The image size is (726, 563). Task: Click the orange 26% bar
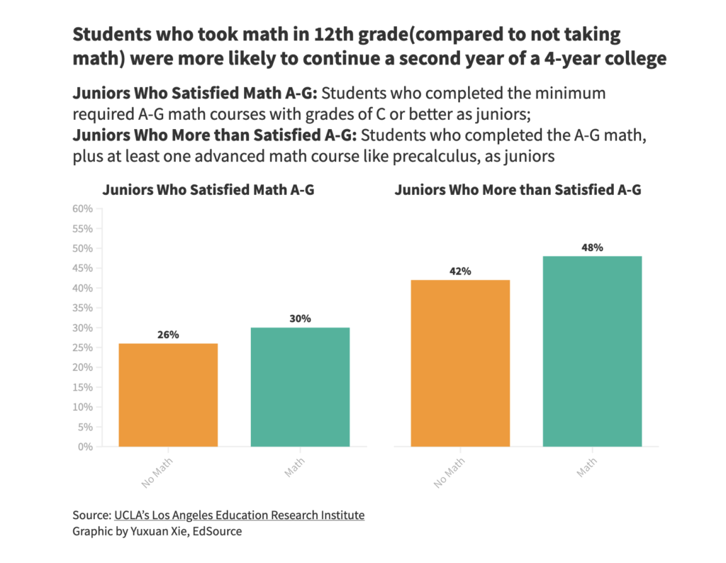coord(168,395)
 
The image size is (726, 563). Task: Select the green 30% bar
coord(300,387)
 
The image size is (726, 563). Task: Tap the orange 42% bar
coord(460,363)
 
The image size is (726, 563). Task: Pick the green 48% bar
coord(592,351)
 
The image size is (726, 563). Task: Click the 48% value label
coord(592,247)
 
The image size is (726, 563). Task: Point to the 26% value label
coord(168,335)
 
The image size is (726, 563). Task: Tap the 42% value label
coord(460,271)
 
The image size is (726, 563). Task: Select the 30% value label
coord(300,318)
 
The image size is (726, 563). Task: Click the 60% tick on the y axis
coord(83,209)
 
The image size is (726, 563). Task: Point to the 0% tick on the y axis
coord(86,447)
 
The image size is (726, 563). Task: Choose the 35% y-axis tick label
coord(83,308)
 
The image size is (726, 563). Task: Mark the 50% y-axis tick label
coord(83,249)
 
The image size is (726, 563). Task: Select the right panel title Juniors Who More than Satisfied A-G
coord(518,190)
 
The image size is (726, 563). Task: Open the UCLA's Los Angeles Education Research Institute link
coord(239,515)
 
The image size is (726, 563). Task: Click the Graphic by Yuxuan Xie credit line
coord(157,531)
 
